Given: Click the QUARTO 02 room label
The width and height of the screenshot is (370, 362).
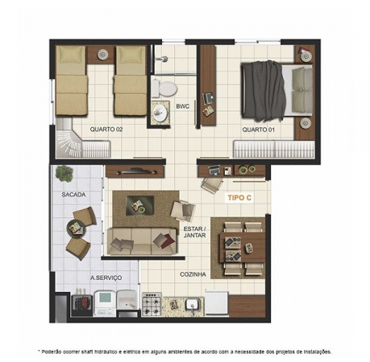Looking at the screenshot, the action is point(106,130).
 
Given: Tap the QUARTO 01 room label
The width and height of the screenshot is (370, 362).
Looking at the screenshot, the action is point(258,130).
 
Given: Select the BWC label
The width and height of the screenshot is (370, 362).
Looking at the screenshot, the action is point(183,106).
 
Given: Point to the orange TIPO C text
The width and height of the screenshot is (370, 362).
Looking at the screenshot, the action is point(239,198).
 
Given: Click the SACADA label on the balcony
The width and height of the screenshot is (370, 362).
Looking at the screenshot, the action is point(73,195).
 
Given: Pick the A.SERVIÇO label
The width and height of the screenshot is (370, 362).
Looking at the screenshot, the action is point(106,278).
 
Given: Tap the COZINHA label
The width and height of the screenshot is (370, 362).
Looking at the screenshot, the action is point(193,274).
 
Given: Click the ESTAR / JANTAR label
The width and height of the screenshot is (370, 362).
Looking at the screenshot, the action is point(194,232).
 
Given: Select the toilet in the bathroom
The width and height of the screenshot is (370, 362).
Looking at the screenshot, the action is point(164,88).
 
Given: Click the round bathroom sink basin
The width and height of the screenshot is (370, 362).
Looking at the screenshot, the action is point(160,113).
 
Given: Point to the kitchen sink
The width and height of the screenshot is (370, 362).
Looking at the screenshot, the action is point(193,304).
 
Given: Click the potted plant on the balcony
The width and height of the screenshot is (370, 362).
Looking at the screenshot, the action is point(64,174).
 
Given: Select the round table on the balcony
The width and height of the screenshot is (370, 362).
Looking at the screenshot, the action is point(75,228).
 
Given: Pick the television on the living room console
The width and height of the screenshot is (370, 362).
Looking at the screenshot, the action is point(135,171).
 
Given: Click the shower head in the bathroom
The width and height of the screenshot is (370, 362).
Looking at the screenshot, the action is point(162,58).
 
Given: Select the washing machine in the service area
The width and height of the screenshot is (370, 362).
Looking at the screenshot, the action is point(105,303).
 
